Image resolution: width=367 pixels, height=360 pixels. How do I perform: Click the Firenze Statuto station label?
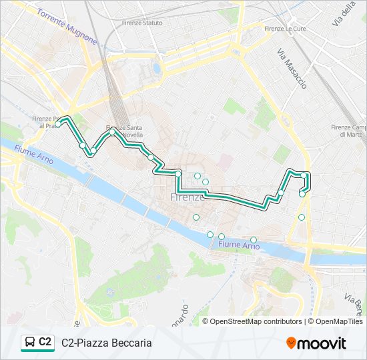142,23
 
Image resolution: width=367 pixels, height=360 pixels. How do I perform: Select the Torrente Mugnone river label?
67,27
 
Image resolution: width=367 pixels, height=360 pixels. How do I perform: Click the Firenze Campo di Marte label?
350,131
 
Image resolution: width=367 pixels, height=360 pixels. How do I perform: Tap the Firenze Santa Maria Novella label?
124,131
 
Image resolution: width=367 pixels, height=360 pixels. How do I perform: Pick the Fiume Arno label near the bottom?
239,246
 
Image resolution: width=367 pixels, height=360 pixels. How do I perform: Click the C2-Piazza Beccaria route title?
107,343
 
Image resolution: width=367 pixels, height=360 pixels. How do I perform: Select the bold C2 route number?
45,342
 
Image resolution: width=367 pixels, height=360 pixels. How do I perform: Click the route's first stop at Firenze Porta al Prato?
59,124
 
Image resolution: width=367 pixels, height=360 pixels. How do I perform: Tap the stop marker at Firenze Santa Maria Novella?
112,132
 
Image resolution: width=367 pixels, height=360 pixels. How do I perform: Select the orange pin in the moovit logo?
291,343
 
